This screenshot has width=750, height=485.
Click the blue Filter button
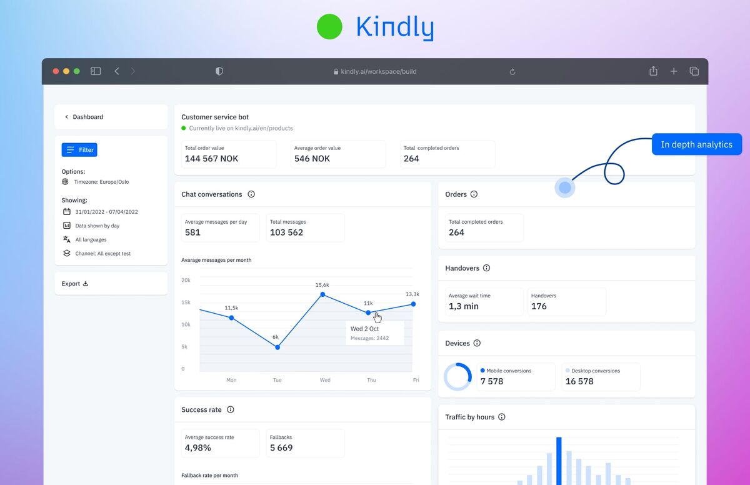pos(79,150)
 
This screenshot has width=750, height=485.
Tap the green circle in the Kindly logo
pos(329,27)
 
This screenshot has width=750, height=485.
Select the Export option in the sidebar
pos(75,284)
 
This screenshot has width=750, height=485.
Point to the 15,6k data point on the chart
pos(322,294)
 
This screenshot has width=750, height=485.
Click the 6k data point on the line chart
pos(277,347)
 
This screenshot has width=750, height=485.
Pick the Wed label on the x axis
pos(325,380)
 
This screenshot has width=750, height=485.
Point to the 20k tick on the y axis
pos(186,280)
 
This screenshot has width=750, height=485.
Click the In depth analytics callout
pos(696,144)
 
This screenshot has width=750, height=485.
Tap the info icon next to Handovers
pos(486,268)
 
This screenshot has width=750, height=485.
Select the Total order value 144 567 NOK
pos(211,159)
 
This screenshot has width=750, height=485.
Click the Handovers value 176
pos(539,306)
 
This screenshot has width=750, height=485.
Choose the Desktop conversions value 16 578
pos(579,381)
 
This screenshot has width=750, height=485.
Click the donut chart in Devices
pos(457,377)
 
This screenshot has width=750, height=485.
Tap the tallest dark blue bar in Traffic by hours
pos(559,461)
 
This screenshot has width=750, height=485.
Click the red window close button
pos(56,71)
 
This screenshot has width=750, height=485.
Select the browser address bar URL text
pos(378,71)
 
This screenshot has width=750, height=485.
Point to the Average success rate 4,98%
pos(198,447)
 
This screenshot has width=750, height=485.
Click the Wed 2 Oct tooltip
pos(375,333)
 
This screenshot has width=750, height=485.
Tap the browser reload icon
pos(512,72)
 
